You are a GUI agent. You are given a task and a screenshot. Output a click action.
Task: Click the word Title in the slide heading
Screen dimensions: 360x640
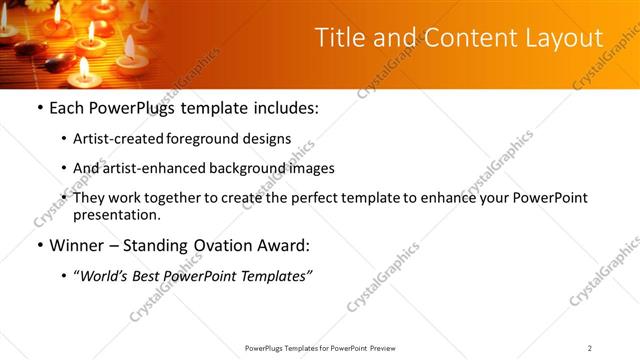339,38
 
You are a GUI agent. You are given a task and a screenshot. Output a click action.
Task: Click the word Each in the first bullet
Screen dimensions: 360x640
67,108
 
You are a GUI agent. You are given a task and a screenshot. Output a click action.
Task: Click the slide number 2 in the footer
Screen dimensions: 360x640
589,347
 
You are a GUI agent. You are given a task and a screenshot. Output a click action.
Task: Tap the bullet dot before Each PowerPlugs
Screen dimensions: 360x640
39,108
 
